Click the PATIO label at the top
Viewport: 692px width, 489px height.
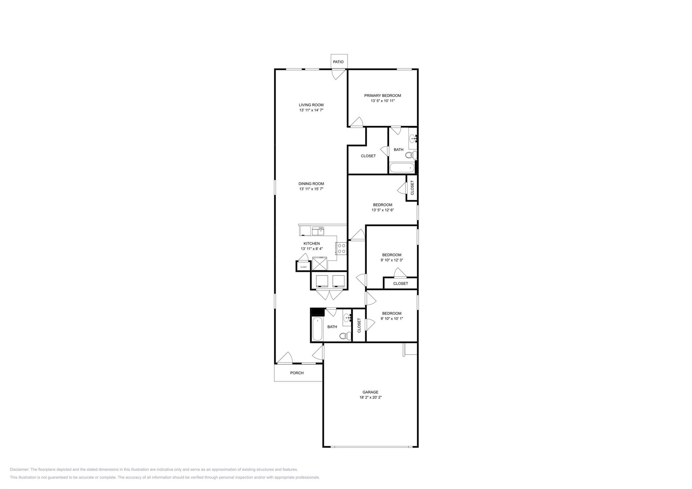pyautogui.click(x=338, y=62)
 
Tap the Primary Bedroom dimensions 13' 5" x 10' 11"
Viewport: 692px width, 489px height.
pyautogui.click(x=382, y=101)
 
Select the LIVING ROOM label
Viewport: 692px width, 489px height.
pyautogui.click(x=311, y=105)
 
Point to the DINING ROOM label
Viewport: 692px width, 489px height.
pyautogui.click(x=311, y=184)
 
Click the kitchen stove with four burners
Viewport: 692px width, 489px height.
pyautogui.click(x=341, y=248)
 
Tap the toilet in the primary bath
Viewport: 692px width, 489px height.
pyautogui.click(x=411, y=155)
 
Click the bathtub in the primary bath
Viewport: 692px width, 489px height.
pyautogui.click(x=402, y=168)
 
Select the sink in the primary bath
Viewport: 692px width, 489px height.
pyautogui.click(x=413, y=139)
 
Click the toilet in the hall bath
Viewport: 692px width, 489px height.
pyautogui.click(x=344, y=336)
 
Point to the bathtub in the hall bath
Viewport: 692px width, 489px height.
pyautogui.click(x=317, y=329)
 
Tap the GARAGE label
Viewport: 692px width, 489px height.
pyautogui.click(x=370, y=392)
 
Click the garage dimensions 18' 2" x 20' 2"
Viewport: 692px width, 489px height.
pyautogui.click(x=370, y=397)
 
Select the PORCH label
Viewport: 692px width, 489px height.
pyautogui.click(x=297, y=373)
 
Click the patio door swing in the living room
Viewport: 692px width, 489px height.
pyautogui.click(x=338, y=75)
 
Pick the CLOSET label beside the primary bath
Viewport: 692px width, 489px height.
pyautogui.click(x=368, y=156)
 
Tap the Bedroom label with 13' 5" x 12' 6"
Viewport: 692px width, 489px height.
pyautogui.click(x=382, y=205)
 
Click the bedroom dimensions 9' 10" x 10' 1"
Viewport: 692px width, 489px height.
pyautogui.click(x=392, y=319)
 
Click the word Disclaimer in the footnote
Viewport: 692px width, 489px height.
pyautogui.click(x=20, y=469)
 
